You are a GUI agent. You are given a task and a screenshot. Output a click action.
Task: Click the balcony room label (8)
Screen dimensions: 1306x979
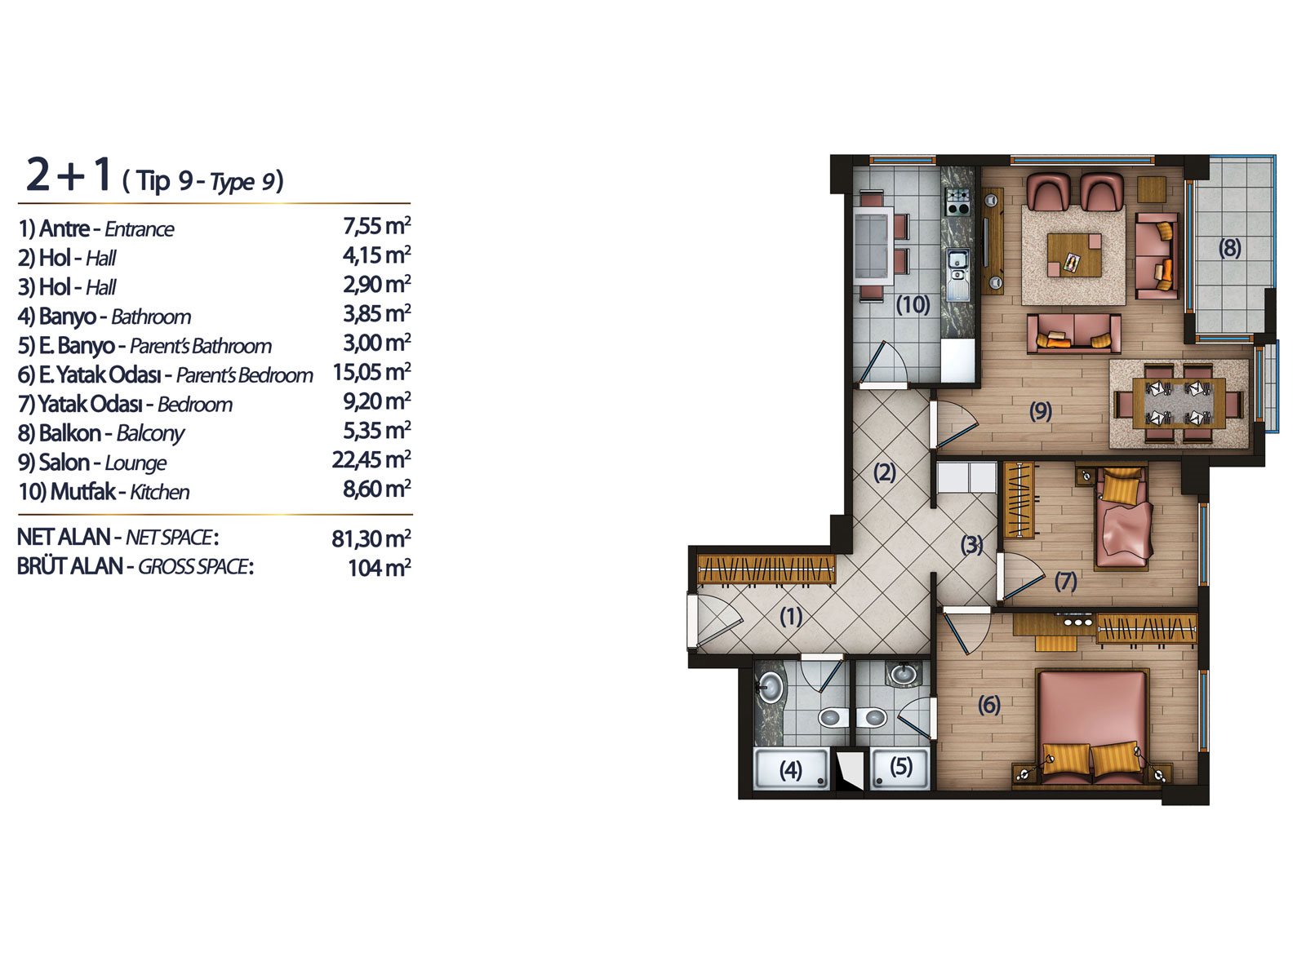click(1229, 248)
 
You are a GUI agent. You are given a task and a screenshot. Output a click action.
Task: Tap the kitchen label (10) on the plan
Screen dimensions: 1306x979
click(913, 305)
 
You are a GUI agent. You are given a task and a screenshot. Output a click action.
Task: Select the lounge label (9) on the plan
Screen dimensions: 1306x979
click(1041, 411)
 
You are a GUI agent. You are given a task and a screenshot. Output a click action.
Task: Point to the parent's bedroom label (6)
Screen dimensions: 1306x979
click(989, 705)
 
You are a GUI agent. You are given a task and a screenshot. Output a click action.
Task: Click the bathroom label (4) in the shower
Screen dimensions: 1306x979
click(791, 770)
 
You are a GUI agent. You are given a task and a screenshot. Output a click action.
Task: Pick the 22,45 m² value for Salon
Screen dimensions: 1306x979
click(371, 459)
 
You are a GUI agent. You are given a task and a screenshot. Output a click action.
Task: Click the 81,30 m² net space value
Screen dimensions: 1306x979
click(371, 538)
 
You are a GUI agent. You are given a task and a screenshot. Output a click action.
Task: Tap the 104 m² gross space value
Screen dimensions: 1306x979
click(379, 568)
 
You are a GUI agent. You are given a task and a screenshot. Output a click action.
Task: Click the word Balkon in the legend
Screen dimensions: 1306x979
click(69, 433)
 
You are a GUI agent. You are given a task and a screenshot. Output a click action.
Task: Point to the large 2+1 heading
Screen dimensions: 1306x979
click(69, 175)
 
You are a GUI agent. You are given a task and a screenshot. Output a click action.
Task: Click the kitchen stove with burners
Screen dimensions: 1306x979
click(958, 201)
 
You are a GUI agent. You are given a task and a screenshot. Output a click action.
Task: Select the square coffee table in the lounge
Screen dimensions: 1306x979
click(1074, 255)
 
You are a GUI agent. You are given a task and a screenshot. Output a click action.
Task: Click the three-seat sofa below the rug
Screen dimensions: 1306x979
click(1074, 334)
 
